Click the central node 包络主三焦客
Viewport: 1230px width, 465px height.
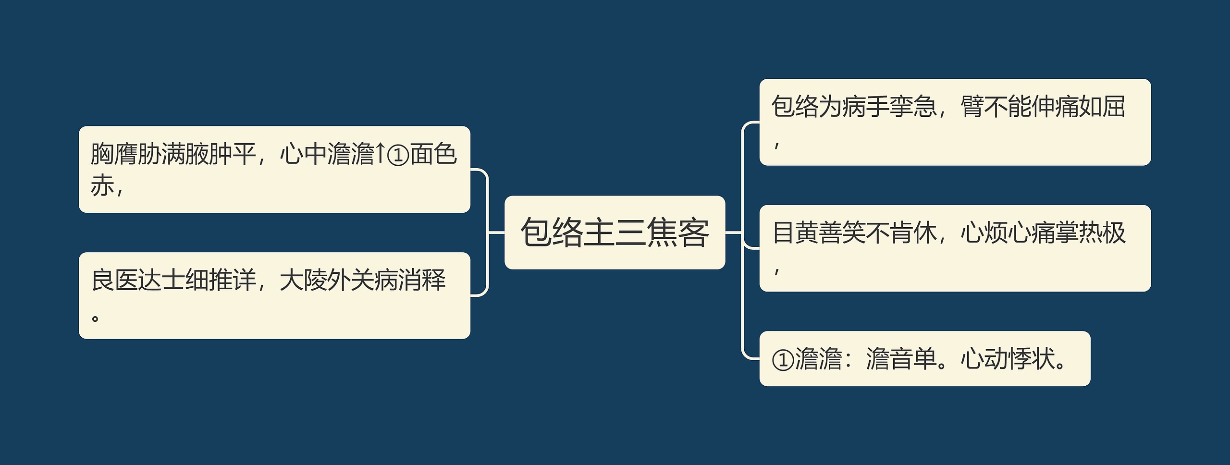[615, 232]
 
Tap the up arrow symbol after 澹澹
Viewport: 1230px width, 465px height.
[380, 154]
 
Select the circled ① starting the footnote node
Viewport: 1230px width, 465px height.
[783, 360]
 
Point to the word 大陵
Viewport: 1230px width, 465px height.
[303, 281]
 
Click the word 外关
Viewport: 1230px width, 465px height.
[350, 281]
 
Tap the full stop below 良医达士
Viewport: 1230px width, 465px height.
[95, 317]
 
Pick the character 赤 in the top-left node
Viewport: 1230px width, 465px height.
[102, 185]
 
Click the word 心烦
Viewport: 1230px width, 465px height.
[984, 233]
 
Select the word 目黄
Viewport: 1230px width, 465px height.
[795, 233]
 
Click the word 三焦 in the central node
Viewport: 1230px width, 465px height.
[646, 232]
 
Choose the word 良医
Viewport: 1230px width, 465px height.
[115, 281]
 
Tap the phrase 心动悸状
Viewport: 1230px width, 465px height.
[1007, 359]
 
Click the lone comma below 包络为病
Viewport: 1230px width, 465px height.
[776, 145]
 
